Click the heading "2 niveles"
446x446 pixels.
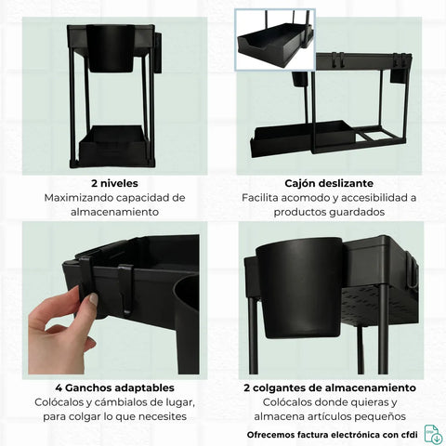(114, 183)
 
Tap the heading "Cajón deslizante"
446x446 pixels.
(329, 183)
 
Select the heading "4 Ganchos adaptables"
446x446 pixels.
(114, 387)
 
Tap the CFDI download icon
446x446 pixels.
(433, 434)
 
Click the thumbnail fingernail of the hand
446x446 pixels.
(93, 299)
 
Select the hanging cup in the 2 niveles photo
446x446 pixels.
(111, 49)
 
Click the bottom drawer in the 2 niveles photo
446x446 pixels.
(113, 146)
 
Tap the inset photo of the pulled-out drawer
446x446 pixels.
(275, 40)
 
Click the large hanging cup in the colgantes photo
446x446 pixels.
(298, 288)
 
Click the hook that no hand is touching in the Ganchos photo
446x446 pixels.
(126, 289)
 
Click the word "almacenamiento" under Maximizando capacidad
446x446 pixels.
(114, 212)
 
